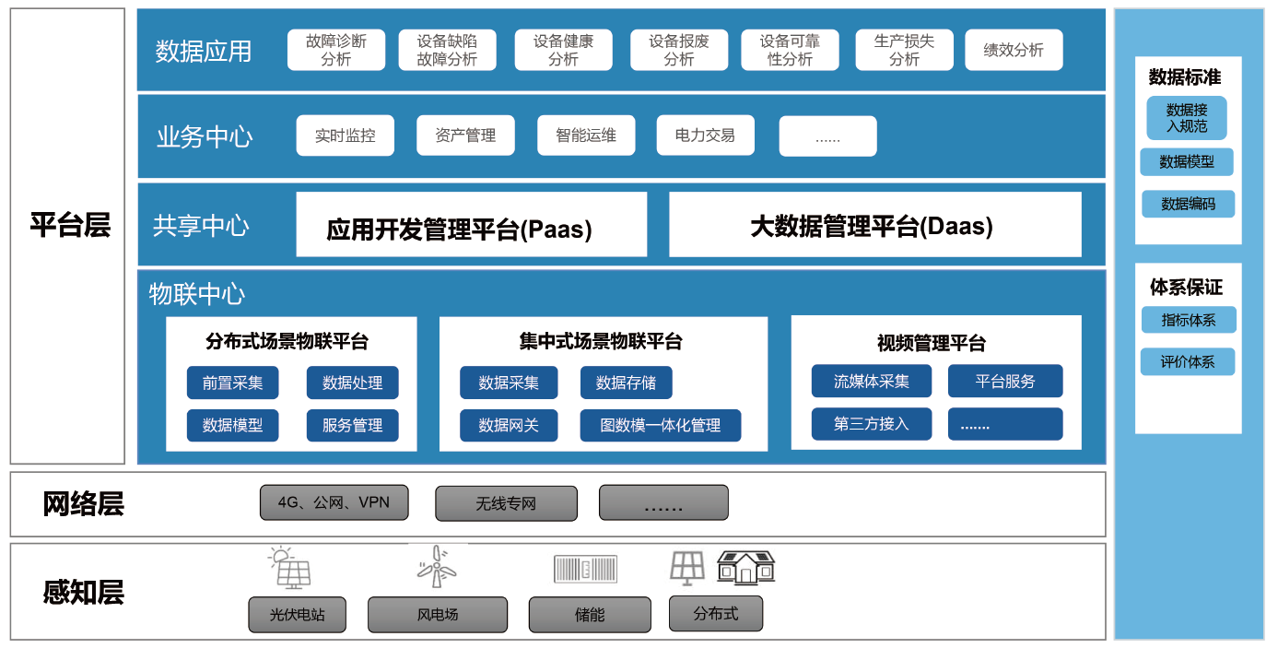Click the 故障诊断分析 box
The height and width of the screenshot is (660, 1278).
point(335,50)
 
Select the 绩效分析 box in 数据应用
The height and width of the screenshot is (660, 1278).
point(1014,50)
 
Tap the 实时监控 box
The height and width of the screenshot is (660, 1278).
point(345,136)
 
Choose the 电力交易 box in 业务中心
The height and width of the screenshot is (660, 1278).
point(705,136)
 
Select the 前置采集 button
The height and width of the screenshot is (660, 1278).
point(232,383)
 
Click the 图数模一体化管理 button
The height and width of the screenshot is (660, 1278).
point(660,426)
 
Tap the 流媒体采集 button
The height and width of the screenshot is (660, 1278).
point(871,381)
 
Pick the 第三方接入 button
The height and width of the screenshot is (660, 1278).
point(871,424)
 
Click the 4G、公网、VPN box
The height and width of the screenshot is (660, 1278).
point(334,503)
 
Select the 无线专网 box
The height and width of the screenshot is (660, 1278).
point(506,504)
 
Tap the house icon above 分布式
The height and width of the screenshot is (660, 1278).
point(745,567)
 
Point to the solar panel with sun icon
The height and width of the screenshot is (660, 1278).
point(289,567)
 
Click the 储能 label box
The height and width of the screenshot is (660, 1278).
point(590,615)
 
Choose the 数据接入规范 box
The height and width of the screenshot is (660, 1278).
point(1186,118)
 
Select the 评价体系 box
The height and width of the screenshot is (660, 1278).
point(1187,361)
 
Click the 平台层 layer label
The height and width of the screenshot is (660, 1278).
point(69,225)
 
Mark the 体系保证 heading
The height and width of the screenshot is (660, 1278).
point(1186,287)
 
